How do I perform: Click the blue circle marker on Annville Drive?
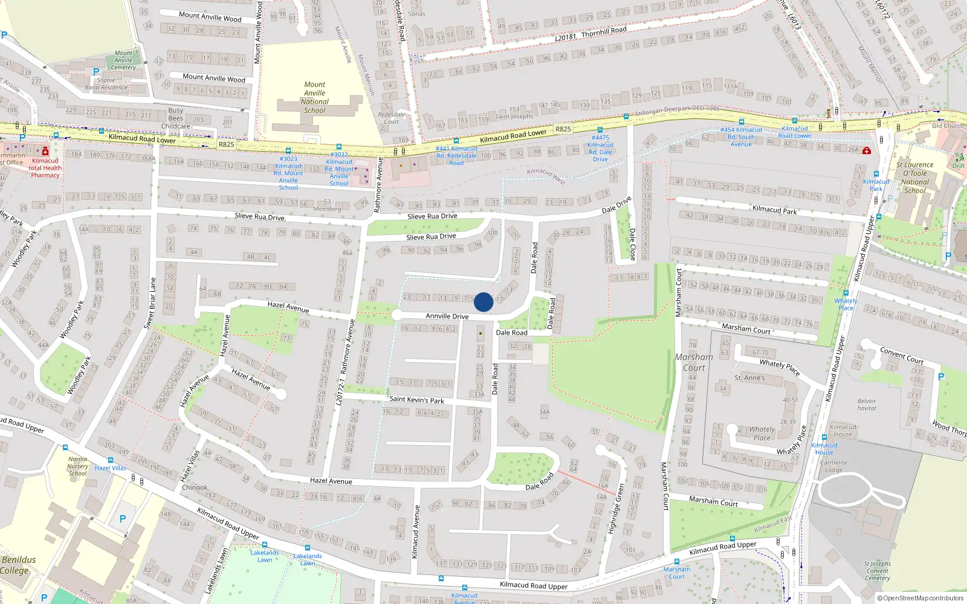(483, 302)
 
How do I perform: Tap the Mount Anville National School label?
(314, 97)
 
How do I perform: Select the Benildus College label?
(18, 565)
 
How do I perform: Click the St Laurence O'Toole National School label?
(914, 177)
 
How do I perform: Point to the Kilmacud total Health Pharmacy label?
(45, 168)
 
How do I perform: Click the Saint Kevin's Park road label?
(416, 399)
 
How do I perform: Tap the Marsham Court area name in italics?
(694, 362)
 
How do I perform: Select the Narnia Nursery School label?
(77, 466)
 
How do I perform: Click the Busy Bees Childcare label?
(176, 118)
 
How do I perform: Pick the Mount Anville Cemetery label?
(123, 60)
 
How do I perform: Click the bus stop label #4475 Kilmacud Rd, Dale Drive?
(600, 148)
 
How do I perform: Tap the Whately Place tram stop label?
(846, 304)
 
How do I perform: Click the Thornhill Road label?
(604, 31)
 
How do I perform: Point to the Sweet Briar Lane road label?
(150, 303)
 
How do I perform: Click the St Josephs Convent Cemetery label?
(877, 571)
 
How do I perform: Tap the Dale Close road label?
(632, 244)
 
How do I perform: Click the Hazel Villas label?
(111, 468)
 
